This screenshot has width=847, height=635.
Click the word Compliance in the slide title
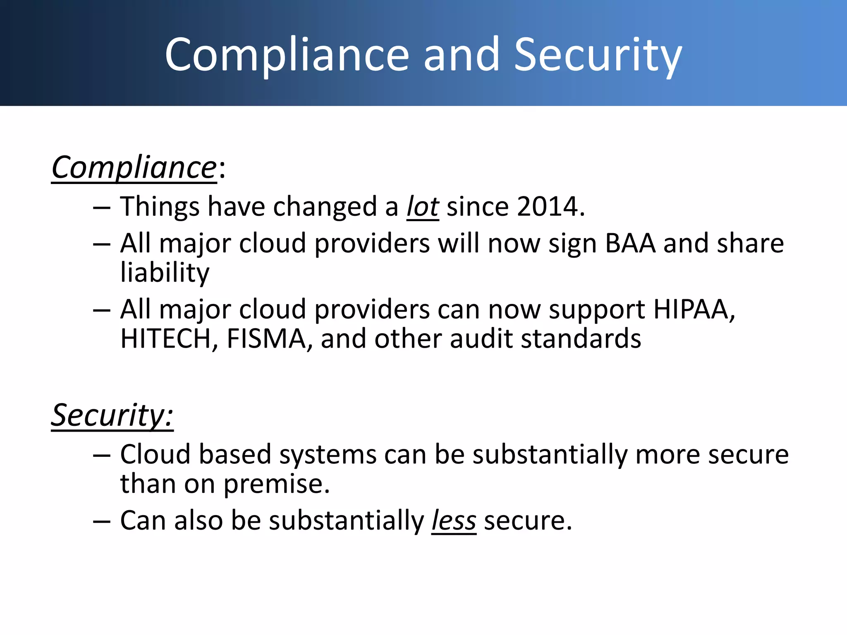point(287,56)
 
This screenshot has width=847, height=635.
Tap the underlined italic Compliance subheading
point(134,168)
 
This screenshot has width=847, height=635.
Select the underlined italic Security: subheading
point(112,415)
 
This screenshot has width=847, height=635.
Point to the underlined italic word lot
point(422,206)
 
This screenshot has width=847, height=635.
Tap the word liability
point(165,273)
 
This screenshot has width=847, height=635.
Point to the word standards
point(581,339)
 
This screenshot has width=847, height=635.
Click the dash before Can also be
point(102,522)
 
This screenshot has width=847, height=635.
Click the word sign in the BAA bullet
point(572,244)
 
